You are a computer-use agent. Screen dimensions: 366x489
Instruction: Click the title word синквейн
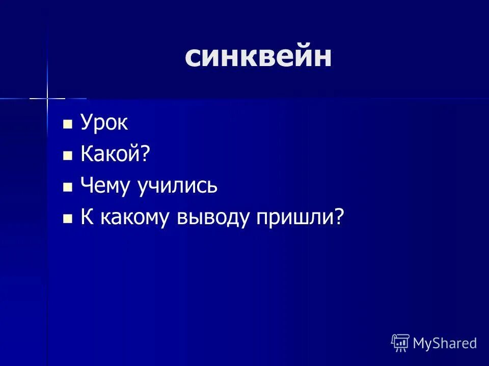coord(258,57)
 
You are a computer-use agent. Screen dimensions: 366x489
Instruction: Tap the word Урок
coord(104,124)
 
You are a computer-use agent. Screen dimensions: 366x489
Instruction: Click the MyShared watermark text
coord(445,343)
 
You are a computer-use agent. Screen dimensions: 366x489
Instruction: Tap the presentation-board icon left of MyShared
coord(400,343)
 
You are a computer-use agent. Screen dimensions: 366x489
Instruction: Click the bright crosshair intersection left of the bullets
coord(47,97)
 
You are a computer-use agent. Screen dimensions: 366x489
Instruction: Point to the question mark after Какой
coord(147,155)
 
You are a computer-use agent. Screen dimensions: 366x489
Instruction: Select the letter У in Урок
coord(86,124)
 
